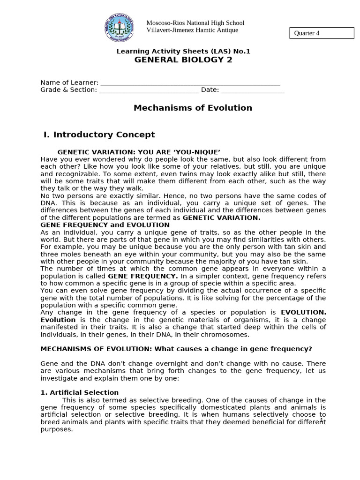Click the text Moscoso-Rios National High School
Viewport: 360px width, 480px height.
point(195,23)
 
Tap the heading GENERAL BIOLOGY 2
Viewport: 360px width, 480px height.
point(183,60)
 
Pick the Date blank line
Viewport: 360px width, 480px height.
point(253,90)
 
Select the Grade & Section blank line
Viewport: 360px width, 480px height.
point(149,90)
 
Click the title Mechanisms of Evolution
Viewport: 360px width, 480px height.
point(193,108)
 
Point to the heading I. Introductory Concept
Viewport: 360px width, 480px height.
point(99,135)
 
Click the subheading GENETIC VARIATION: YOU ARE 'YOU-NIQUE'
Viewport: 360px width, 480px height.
point(139,152)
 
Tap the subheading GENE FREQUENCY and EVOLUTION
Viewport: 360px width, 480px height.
point(105,225)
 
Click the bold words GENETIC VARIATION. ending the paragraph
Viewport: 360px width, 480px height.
point(221,218)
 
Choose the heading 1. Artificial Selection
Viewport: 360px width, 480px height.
point(80,392)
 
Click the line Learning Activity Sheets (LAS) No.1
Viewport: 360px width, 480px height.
point(183,51)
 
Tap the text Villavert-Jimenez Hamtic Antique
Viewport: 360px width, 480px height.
point(192,30)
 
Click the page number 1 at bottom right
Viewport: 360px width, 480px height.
point(322,420)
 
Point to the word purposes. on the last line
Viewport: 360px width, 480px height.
point(57,429)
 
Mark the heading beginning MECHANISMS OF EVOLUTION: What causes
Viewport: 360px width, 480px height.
point(176,349)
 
